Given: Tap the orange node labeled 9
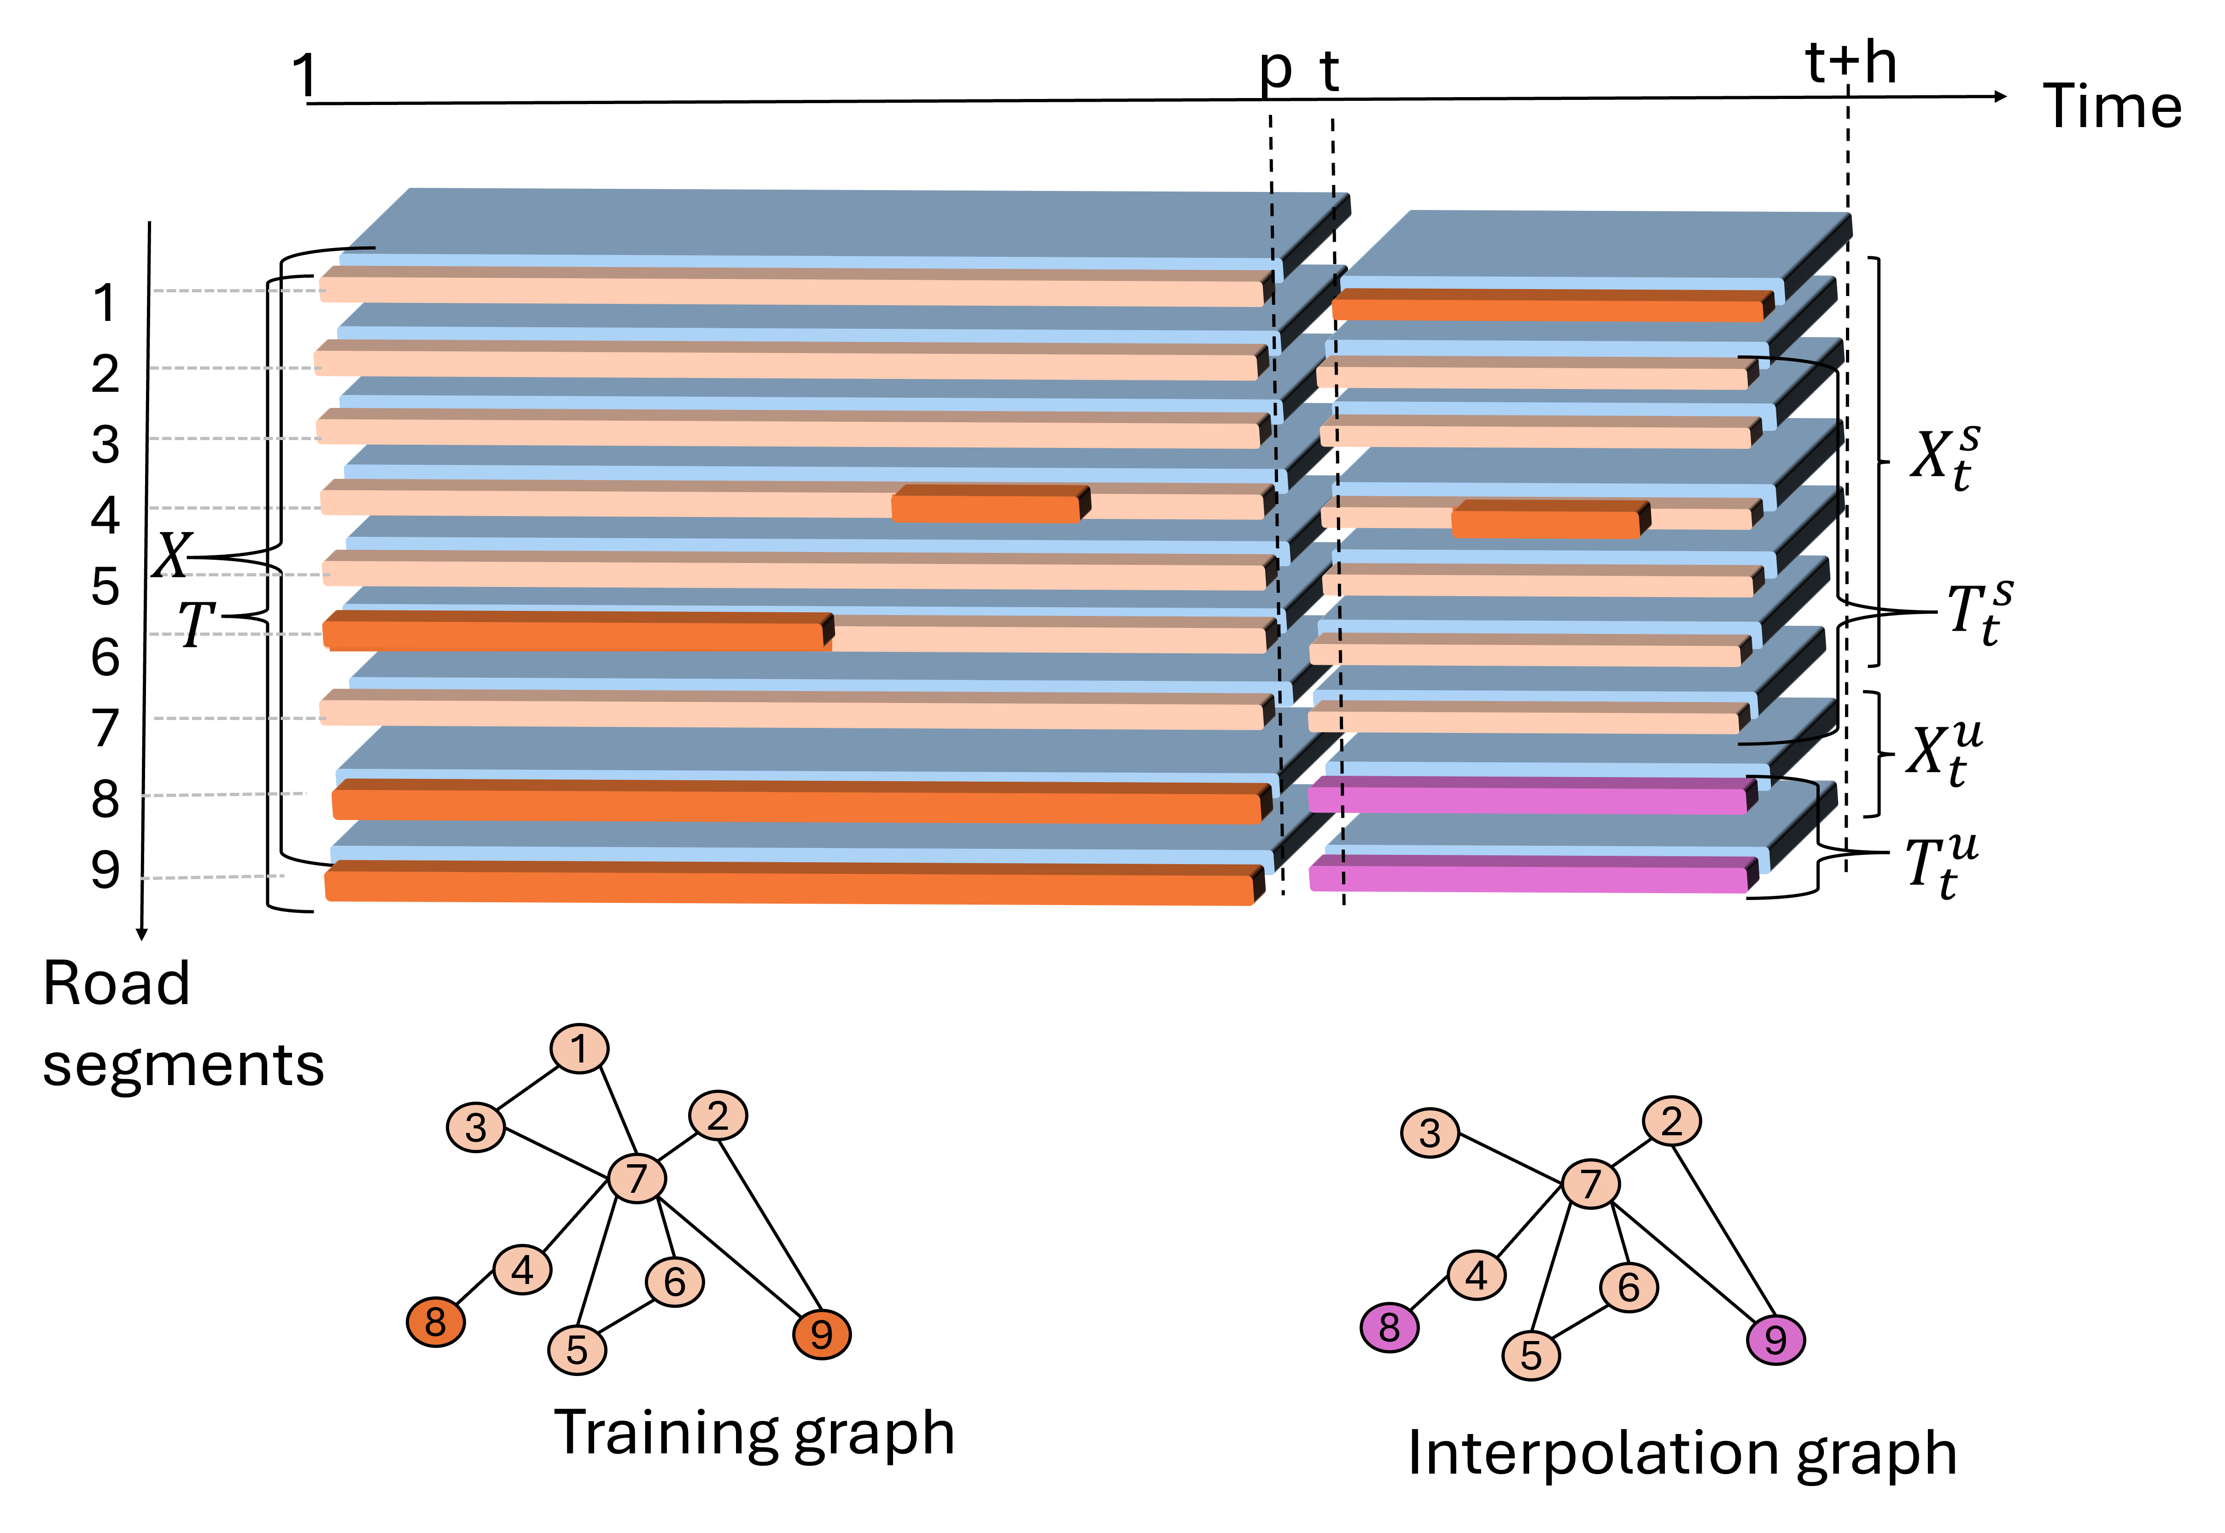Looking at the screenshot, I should point(821,1334).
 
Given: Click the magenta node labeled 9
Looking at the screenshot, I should point(1775,1340).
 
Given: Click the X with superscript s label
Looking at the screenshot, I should point(1943,454).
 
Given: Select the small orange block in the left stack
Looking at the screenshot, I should point(987,505).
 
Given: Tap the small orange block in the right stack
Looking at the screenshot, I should point(1547,521).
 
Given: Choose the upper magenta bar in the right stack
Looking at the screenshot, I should point(1528,797).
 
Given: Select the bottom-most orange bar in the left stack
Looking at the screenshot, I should point(788,886).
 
